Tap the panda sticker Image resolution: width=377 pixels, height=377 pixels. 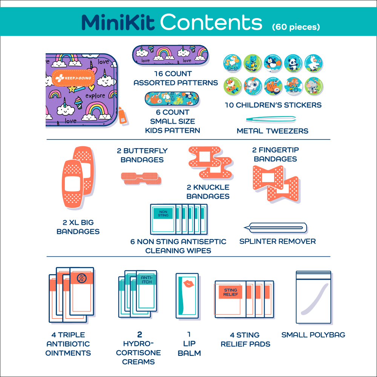click(x=293, y=64)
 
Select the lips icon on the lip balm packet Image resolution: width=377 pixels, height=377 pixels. click(x=187, y=283)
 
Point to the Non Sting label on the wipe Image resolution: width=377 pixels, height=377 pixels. click(x=163, y=213)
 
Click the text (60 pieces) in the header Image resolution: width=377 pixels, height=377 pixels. click(x=296, y=27)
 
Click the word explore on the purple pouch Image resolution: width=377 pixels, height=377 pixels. click(x=95, y=96)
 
